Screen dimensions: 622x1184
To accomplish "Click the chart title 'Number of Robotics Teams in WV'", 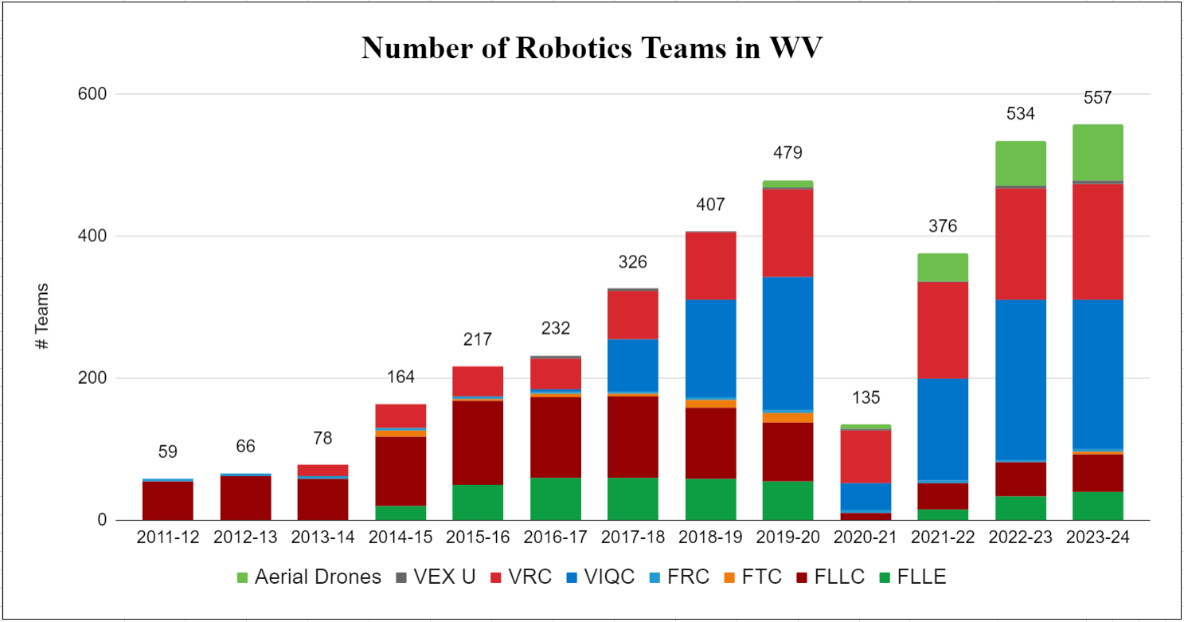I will (591, 49).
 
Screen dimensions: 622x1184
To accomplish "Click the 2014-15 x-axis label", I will (401, 538).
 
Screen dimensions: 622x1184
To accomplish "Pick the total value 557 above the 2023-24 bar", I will (1097, 99).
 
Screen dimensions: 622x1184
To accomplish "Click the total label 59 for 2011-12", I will (168, 452).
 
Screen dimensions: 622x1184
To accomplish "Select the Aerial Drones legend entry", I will (308, 577).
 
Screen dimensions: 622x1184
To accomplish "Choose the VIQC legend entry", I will (597, 577).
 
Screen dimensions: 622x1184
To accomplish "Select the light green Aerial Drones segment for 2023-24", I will (1097, 153).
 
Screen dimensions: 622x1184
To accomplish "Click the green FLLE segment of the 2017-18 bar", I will (633, 499).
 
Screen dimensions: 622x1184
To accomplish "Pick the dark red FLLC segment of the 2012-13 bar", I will (245, 498).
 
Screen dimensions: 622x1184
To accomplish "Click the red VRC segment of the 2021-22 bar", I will (944, 330).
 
